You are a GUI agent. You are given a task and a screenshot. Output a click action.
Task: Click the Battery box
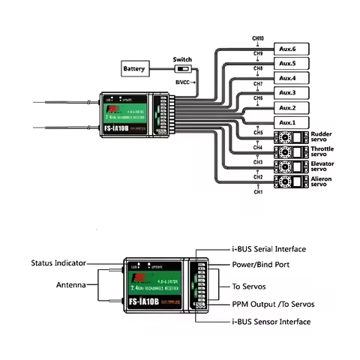(x=134, y=69)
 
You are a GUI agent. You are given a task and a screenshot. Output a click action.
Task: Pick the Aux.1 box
(x=288, y=122)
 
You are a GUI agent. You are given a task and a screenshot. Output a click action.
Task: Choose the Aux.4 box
(x=288, y=78)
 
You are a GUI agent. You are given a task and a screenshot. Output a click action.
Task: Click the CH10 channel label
(x=258, y=37)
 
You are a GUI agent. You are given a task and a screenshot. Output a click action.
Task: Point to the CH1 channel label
(x=258, y=193)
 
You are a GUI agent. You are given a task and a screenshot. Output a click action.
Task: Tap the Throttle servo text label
(x=327, y=152)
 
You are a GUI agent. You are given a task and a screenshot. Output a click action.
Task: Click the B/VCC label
(x=182, y=80)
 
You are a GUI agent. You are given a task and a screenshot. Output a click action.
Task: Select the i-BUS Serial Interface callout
(x=265, y=249)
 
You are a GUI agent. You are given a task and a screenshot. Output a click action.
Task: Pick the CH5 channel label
(x=258, y=133)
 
